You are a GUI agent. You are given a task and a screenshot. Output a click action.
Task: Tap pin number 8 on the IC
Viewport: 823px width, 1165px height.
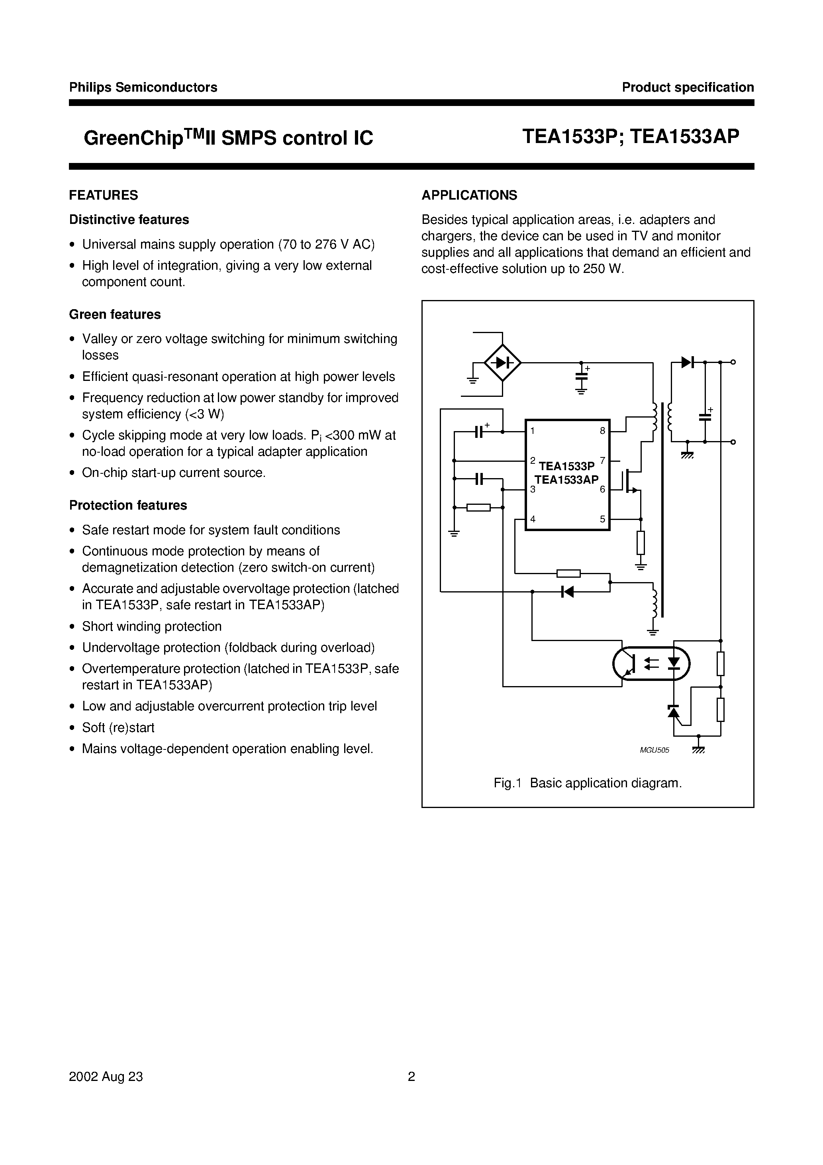(x=602, y=431)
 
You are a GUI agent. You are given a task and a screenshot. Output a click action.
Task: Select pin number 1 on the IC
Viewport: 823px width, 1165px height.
(x=532, y=431)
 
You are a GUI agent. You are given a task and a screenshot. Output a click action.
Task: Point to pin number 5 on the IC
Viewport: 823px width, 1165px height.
(x=602, y=519)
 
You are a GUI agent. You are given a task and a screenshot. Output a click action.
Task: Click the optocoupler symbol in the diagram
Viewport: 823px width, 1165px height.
(x=651, y=663)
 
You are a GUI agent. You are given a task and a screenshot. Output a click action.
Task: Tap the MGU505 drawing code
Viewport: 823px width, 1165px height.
(x=654, y=750)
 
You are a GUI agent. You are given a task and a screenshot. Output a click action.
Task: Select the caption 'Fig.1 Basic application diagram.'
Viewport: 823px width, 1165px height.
(x=588, y=783)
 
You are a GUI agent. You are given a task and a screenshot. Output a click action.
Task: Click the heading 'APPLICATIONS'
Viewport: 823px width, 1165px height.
(x=469, y=195)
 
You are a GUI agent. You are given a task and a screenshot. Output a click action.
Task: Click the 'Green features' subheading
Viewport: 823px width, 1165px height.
(x=115, y=315)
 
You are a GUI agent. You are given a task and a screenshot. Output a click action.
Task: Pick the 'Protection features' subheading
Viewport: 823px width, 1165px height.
(x=128, y=505)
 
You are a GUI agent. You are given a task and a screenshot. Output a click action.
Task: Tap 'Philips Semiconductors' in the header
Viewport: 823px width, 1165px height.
(x=143, y=87)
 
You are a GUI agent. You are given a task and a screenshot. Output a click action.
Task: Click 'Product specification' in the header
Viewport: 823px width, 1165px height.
(x=688, y=87)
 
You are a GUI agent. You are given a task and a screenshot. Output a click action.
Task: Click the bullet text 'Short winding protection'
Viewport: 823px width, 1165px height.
(x=152, y=627)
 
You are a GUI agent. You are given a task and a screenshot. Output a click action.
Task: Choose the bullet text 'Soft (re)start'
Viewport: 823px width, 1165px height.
(x=118, y=728)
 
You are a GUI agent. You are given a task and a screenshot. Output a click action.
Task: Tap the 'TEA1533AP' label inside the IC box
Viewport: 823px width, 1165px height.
(x=566, y=479)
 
